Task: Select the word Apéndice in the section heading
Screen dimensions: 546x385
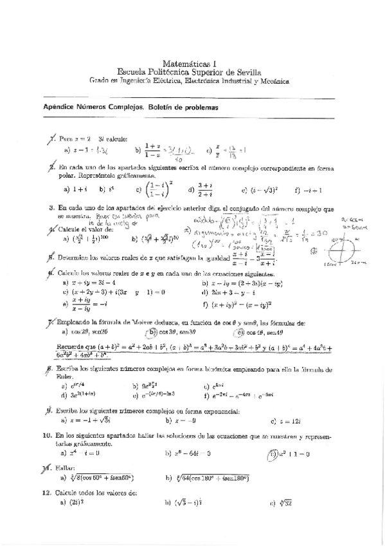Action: pos(57,108)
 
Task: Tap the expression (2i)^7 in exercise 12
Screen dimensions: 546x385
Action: pos(75,504)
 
